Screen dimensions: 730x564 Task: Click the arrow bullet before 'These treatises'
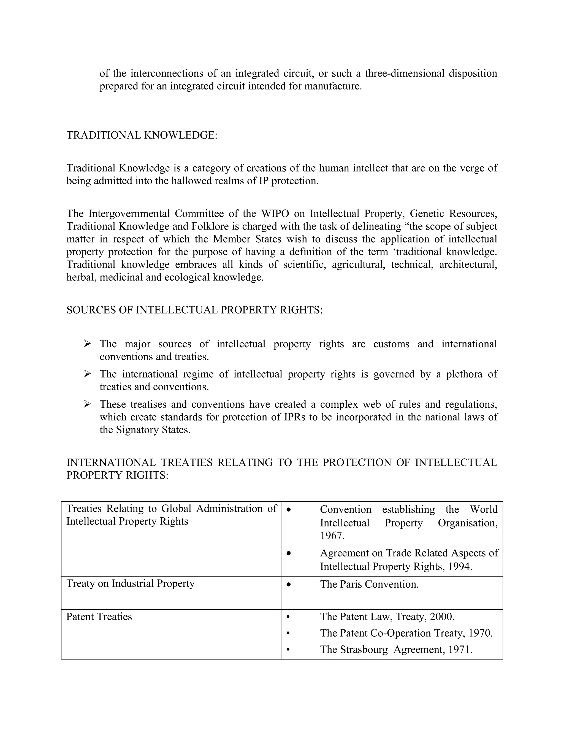click(87, 404)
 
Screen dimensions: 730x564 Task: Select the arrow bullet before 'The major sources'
click(87, 344)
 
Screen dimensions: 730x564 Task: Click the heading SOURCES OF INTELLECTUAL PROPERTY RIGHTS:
click(194, 310)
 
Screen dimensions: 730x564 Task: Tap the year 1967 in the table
click(332, 536)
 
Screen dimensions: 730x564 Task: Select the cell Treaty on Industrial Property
click(130, 583)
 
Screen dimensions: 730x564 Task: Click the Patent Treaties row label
click(99, 616)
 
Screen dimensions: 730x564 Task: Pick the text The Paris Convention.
click(369, 584)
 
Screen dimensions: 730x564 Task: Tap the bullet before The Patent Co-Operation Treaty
click(288, 633)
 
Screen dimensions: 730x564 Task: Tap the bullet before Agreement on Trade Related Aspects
click(289, 553)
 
